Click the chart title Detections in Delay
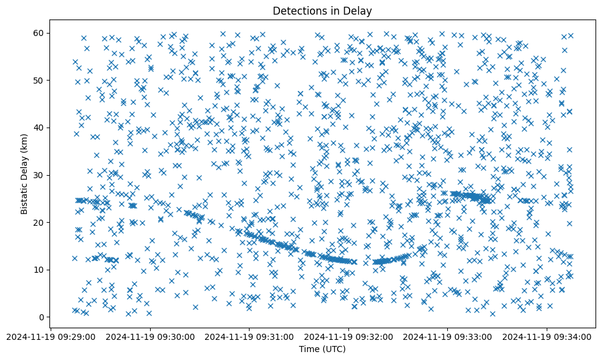click(322, 10)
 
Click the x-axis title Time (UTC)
click(322, 349)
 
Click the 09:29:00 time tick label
click(51, 336)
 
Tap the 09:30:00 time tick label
click(150, 336)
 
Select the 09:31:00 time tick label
click(249, 336)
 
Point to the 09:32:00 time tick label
click(348, 336)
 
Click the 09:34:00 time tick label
click(547, 336)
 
